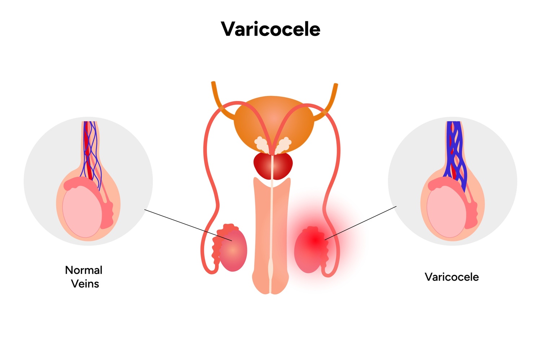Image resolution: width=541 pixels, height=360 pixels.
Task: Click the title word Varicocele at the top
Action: click(270, 29)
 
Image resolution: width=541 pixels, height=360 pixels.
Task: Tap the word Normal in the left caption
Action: click(84, 270)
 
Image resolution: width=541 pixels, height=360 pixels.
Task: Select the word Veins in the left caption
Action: click(85, 284)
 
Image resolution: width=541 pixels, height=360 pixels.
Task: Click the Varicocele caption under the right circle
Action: click(452, 277)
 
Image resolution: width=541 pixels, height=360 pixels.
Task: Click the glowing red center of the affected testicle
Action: click(315, 240)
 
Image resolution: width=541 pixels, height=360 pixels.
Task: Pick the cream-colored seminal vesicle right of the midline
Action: click(284, 145)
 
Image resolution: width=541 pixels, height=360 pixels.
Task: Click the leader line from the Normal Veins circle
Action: click(188, 225)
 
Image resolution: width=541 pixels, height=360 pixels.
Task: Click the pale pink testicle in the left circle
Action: click(82, 212)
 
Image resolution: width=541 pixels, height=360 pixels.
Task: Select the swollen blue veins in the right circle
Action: click(455, 155)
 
